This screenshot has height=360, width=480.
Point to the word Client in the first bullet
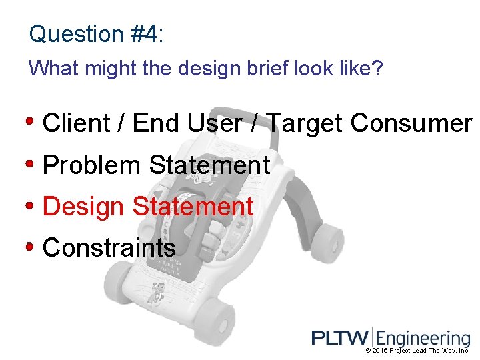pos(76,123)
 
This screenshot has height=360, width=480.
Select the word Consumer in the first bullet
pos(411,123)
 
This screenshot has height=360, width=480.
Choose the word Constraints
pos(109,248)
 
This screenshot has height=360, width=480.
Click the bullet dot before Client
pos(30,122)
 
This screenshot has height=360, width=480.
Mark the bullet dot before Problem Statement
pos(30,163)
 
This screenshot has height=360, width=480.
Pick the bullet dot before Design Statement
pos(30,205)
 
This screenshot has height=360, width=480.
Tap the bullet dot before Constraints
pos(30,247)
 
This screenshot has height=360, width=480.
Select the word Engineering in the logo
pos(424,339)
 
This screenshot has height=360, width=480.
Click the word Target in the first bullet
pos(305,123)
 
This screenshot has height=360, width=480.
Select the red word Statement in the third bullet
pos(193,207)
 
